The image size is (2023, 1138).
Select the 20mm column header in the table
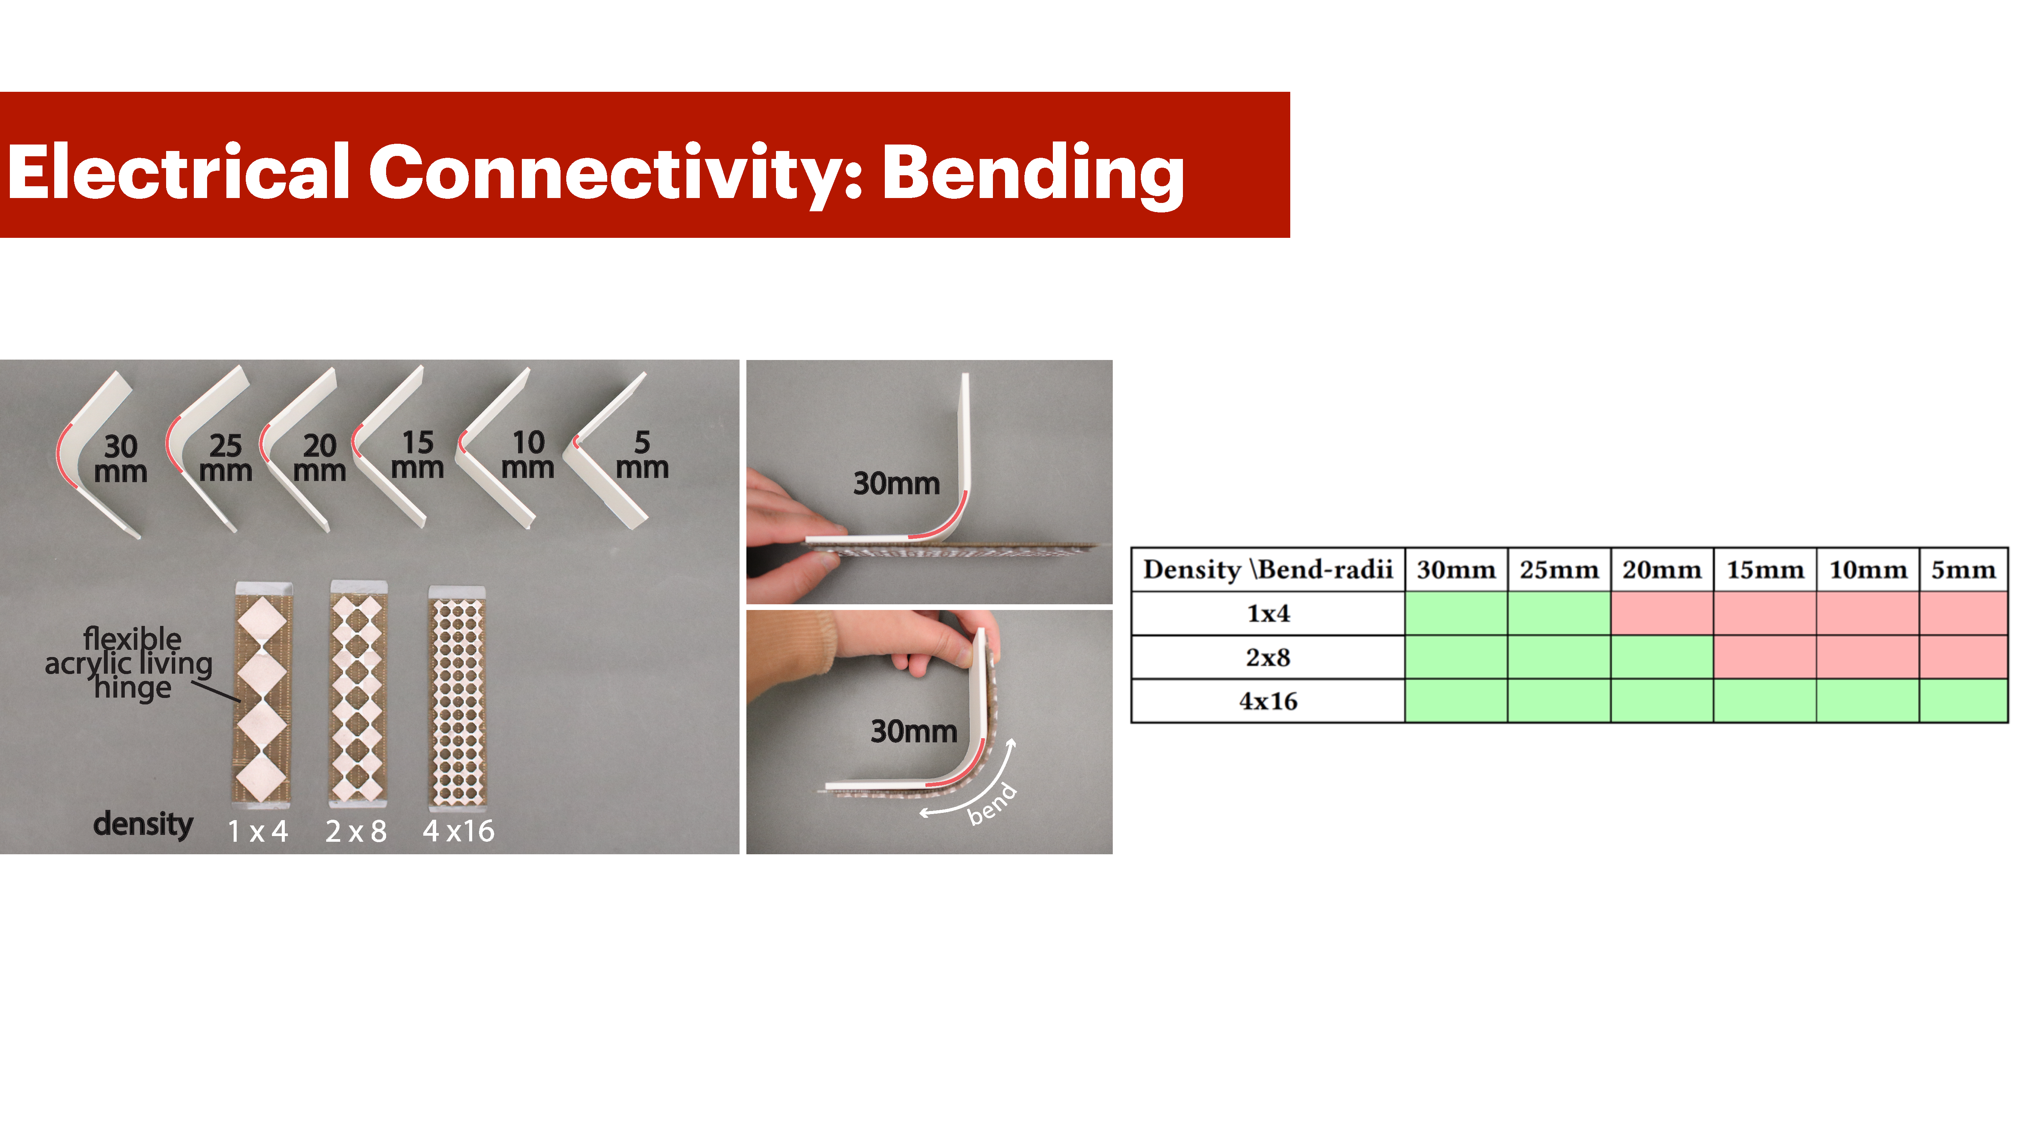point(1662,569)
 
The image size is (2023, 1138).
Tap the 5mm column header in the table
point(1963,569)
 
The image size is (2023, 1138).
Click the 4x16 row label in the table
point(1268,701)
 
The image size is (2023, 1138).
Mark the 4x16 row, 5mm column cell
point(1963,701)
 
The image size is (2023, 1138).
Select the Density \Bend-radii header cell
point(1268,569)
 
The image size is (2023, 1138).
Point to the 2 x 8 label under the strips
point(356,831)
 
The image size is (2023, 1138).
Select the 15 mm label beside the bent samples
point(417,454)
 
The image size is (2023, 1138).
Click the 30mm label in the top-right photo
point(896,483)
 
